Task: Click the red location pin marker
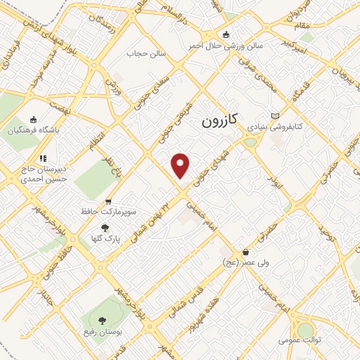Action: click(181, 165)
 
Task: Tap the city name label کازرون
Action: click(221, 120)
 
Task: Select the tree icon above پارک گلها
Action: click(105, 228)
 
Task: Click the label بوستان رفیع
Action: click(100, 332)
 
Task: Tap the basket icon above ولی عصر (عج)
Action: click(245, 252)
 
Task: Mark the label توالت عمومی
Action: click(300, 340)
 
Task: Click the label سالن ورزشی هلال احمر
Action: click(225, 46)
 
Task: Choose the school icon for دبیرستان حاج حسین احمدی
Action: click(41, 159)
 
